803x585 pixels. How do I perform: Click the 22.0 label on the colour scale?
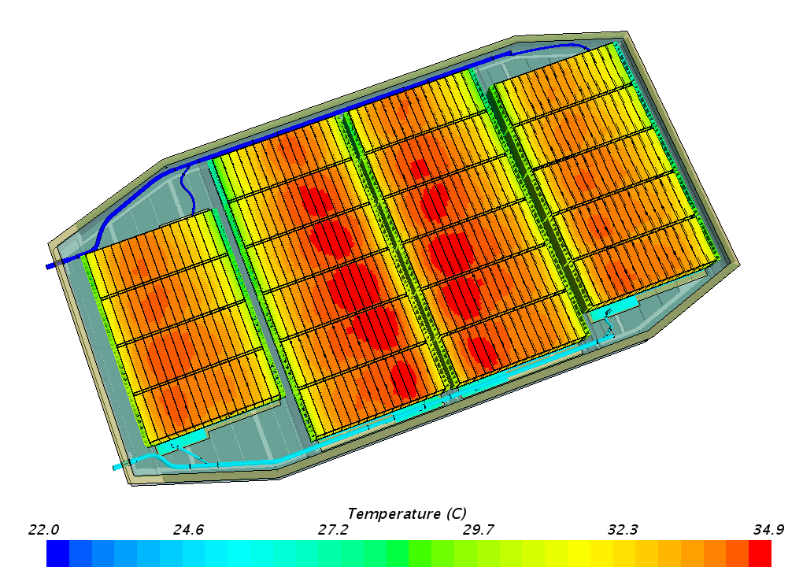(43, 530)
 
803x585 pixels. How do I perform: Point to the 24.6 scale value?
(188, 530)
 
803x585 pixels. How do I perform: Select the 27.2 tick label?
(333, 530)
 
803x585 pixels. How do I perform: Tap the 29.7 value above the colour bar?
(479, 530)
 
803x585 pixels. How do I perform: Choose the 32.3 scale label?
(623, 530)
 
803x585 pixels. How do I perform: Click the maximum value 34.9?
(768, 530)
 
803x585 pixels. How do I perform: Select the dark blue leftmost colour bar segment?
(58, 554)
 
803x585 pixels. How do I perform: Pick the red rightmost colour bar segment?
(760, 554)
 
